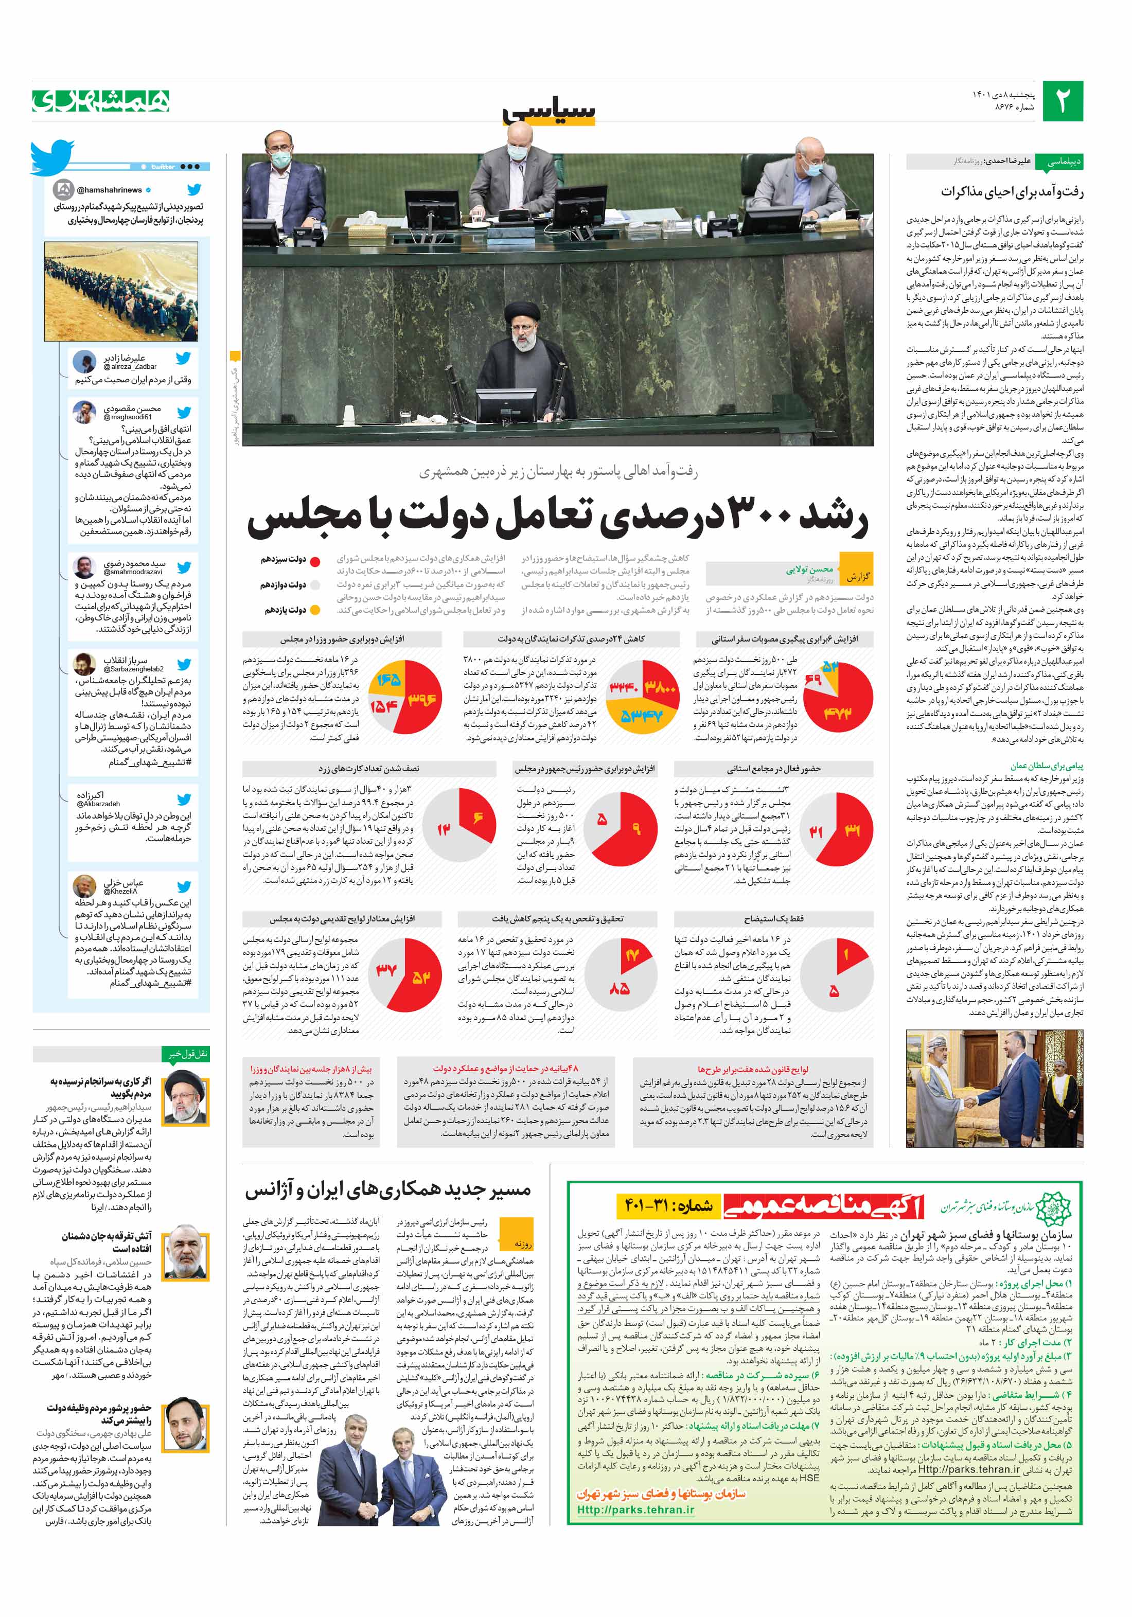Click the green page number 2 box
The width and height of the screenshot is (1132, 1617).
[x=1062, y=101]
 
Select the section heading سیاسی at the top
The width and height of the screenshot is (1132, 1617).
[x=550, y=111]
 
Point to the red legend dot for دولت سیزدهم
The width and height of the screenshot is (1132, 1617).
[x=315, y=561]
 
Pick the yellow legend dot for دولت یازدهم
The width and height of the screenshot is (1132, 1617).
[x=315, y=610]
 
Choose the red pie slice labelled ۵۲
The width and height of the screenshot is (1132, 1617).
[x=421, y=975]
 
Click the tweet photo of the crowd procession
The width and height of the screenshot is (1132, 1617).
[x=120, y=292]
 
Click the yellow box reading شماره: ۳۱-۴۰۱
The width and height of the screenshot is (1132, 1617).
[x=667, y=1206]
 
